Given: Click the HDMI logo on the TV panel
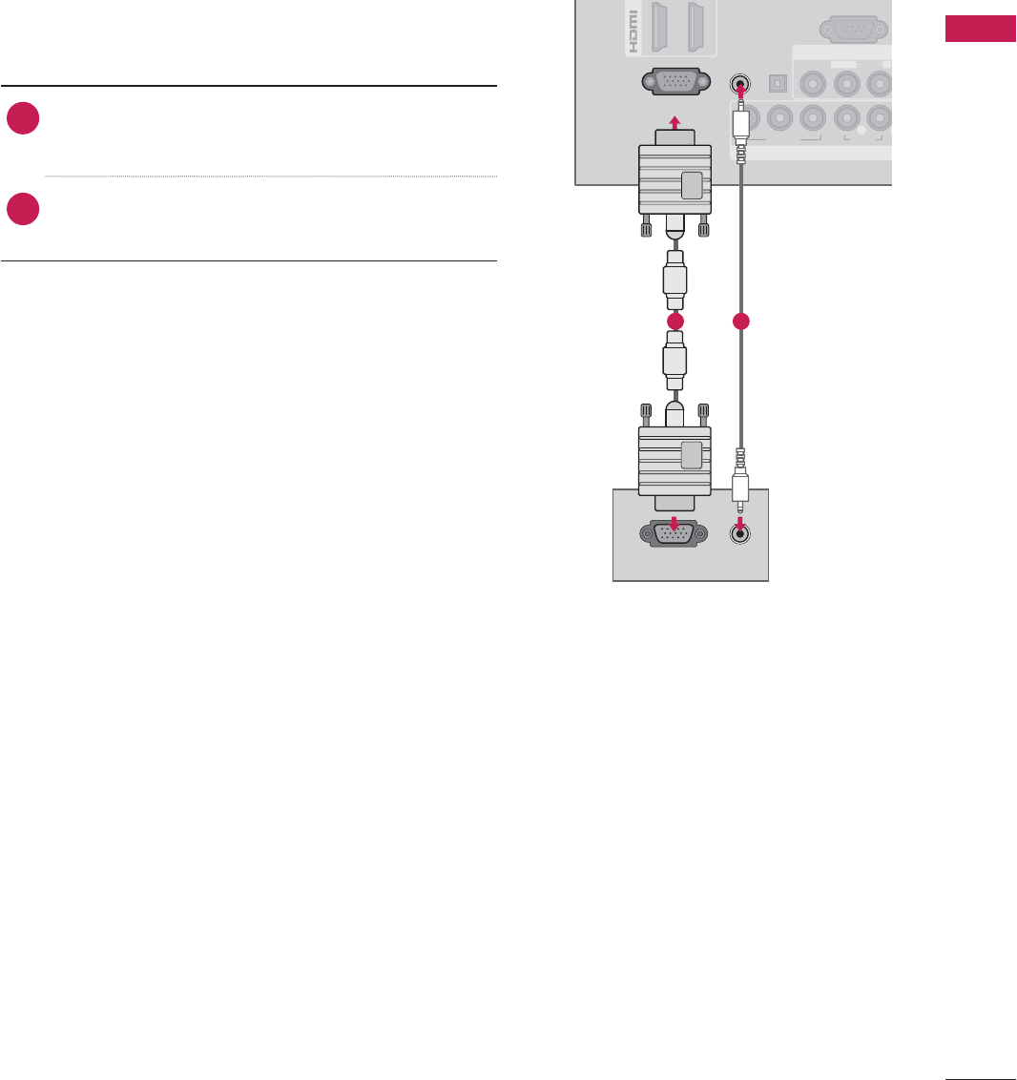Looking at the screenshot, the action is tap(632, 29).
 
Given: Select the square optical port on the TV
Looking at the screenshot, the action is tap(778, 83).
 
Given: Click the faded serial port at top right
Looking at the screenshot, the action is tap(854, 29).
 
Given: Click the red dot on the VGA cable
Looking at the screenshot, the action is tap(675, 322).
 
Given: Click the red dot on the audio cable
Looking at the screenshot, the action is tap(740, 322).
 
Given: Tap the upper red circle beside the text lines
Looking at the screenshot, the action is tap(22, 118).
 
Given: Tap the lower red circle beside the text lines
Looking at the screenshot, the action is tap(22, 209).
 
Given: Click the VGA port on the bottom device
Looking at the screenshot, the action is tap(675, 534).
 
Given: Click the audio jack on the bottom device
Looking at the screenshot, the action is tap(740, 534).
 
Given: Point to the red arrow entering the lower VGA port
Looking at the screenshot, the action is tap(675, 523).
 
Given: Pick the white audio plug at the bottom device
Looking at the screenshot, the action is tap(740, 481).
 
